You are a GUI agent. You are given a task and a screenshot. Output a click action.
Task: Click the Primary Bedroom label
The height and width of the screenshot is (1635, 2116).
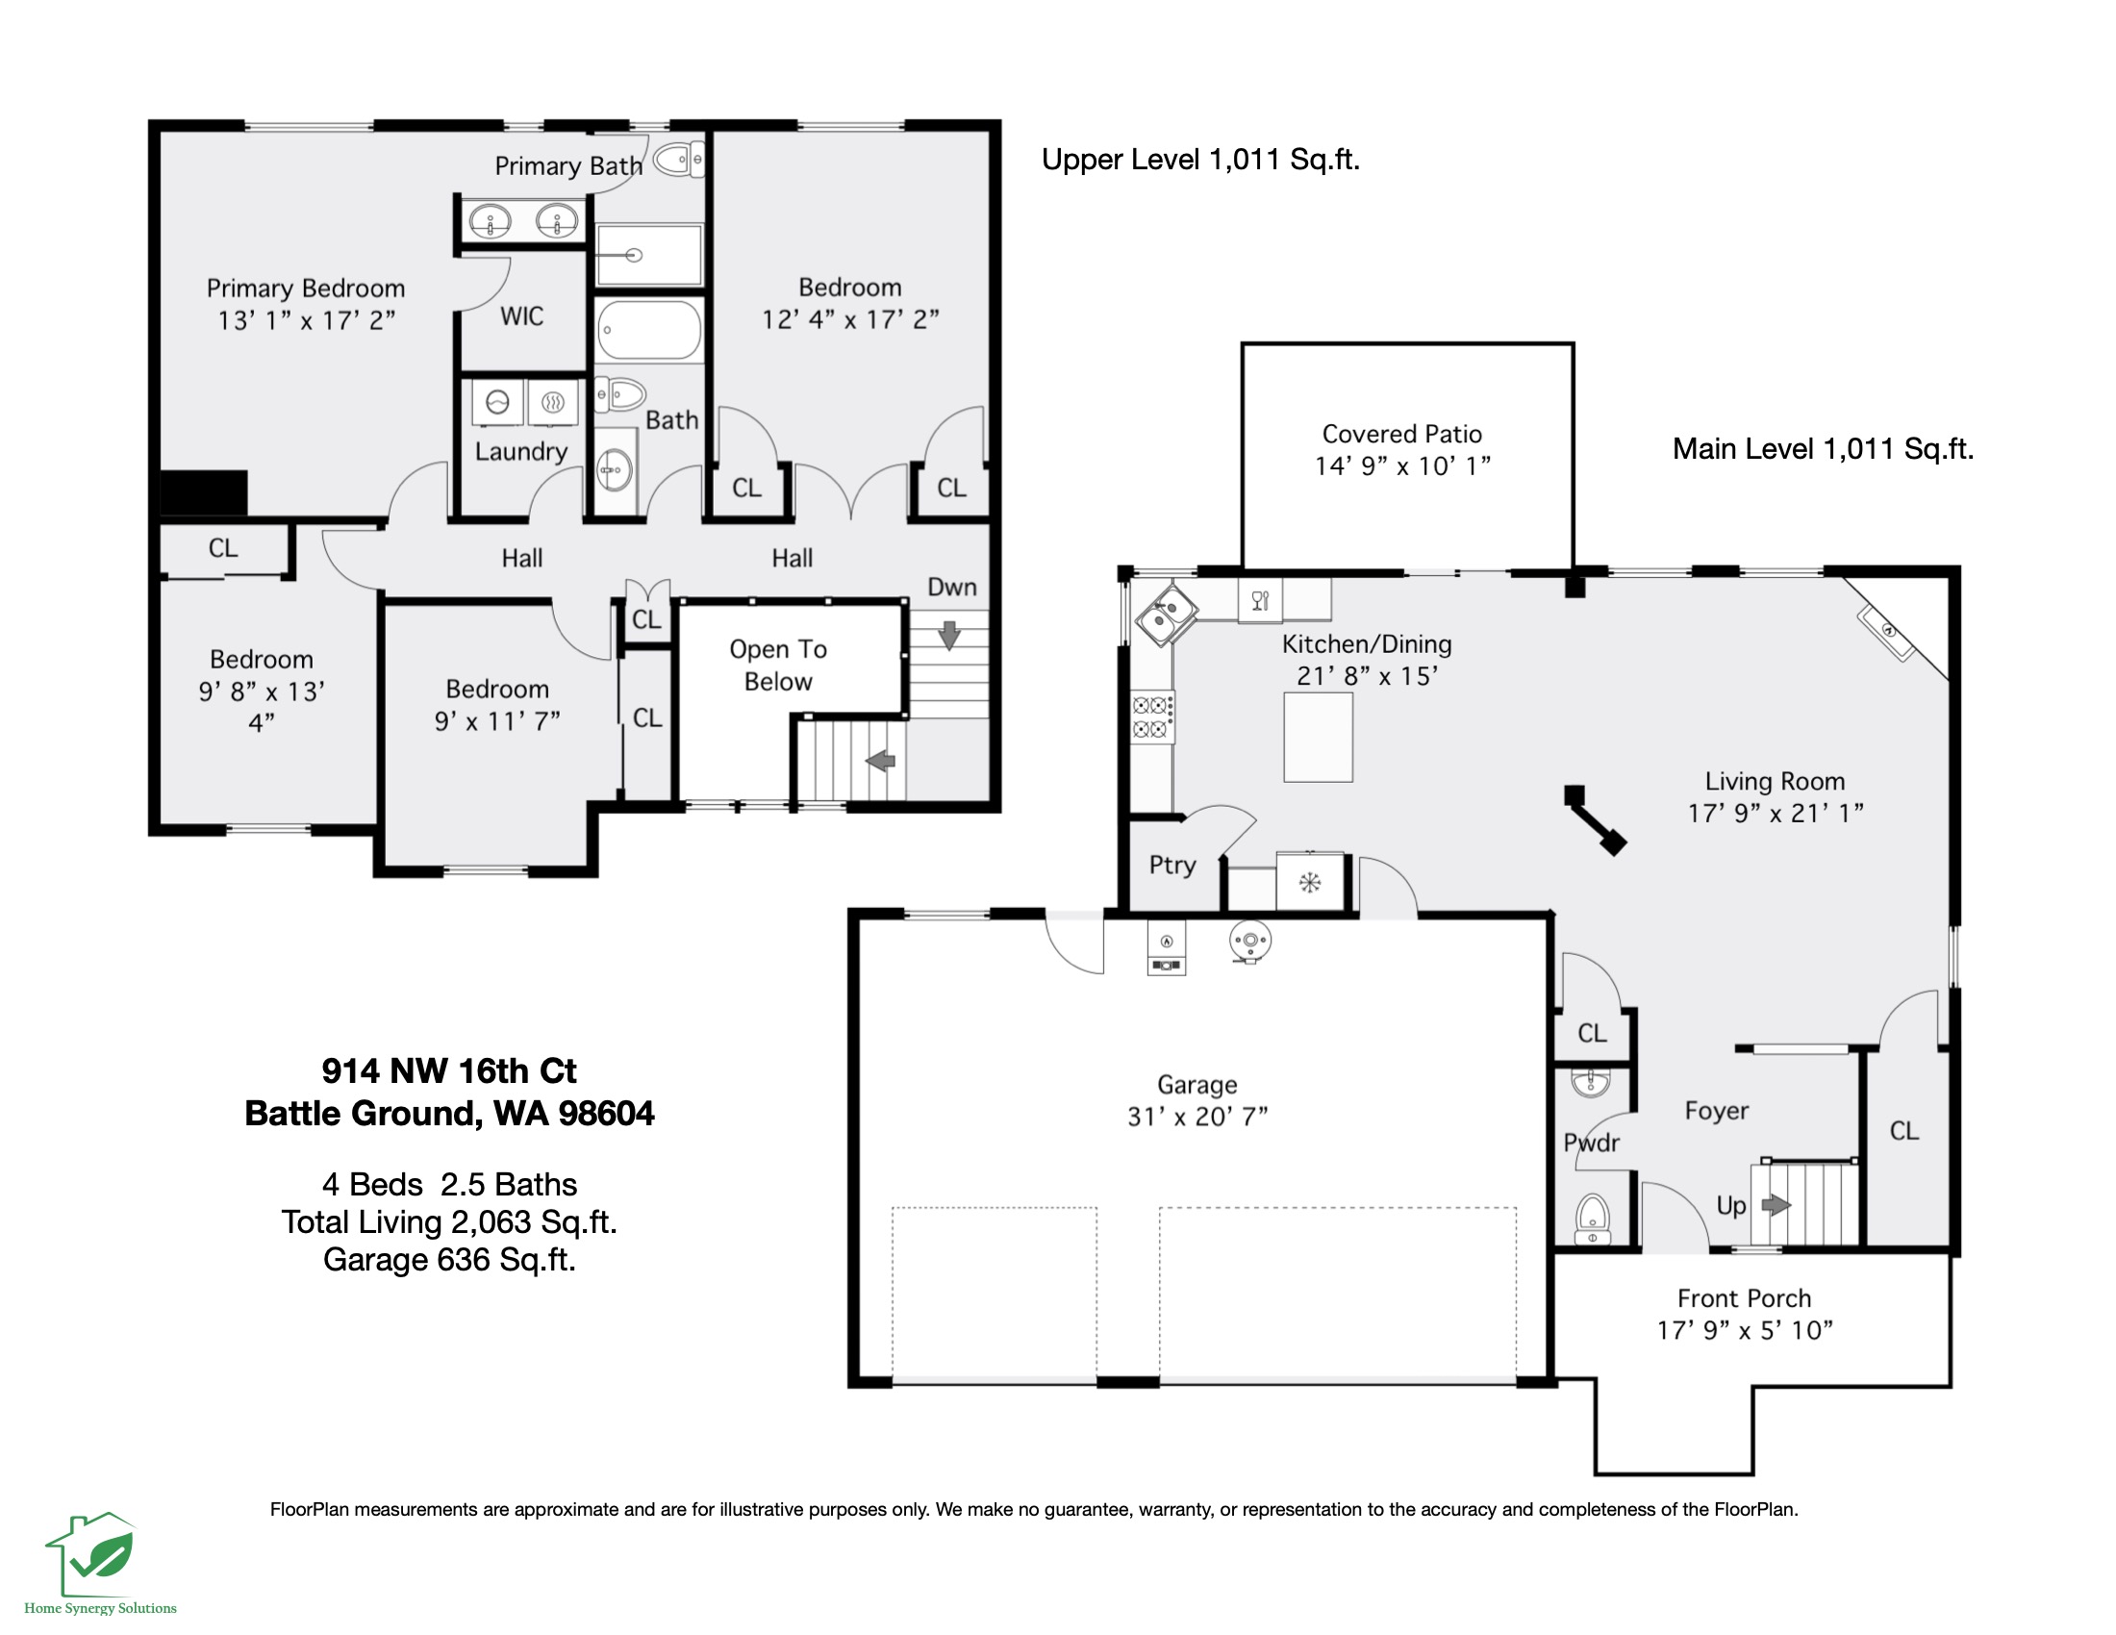[x=305, y=289]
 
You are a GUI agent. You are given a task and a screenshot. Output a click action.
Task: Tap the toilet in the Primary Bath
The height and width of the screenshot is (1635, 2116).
[x=678, y=160]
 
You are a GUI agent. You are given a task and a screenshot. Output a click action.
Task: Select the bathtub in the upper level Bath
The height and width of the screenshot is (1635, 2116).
[x=648, y=329]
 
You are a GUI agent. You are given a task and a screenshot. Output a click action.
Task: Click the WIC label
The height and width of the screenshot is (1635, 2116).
[x=521, y=316]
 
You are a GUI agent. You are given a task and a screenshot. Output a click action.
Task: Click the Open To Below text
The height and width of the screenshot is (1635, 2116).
[x=778, y=665]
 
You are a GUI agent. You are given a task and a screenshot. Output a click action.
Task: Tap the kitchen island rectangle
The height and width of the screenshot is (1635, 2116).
[x=1318, y=737]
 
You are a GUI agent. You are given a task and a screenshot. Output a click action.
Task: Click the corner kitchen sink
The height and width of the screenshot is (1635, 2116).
[x=1165, y=615]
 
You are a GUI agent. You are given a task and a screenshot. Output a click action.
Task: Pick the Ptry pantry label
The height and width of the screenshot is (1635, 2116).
[x=1172, y=865]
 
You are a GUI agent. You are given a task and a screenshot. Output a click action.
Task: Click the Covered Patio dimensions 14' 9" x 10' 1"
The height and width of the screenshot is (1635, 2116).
[x=1402, y=465]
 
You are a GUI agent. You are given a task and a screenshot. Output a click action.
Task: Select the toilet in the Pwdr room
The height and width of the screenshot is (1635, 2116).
[x=1592, y=1218]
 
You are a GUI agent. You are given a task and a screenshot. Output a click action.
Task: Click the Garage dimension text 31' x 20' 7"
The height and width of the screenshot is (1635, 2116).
[x=1197, y=1117]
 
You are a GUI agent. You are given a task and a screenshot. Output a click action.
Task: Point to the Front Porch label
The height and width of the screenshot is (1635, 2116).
[x=1743, y=1298]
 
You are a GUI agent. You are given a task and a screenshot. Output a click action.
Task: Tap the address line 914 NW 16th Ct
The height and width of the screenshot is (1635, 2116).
[x=448, y=1071]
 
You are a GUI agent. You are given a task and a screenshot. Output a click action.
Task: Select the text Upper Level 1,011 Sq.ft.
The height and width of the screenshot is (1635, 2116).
[x=1199, y=160]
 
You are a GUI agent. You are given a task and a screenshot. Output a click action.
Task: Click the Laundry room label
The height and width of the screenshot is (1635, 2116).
[x=521, y=451]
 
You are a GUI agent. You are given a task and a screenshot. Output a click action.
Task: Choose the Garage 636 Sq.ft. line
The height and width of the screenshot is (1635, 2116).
[x=448, y=1259]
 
